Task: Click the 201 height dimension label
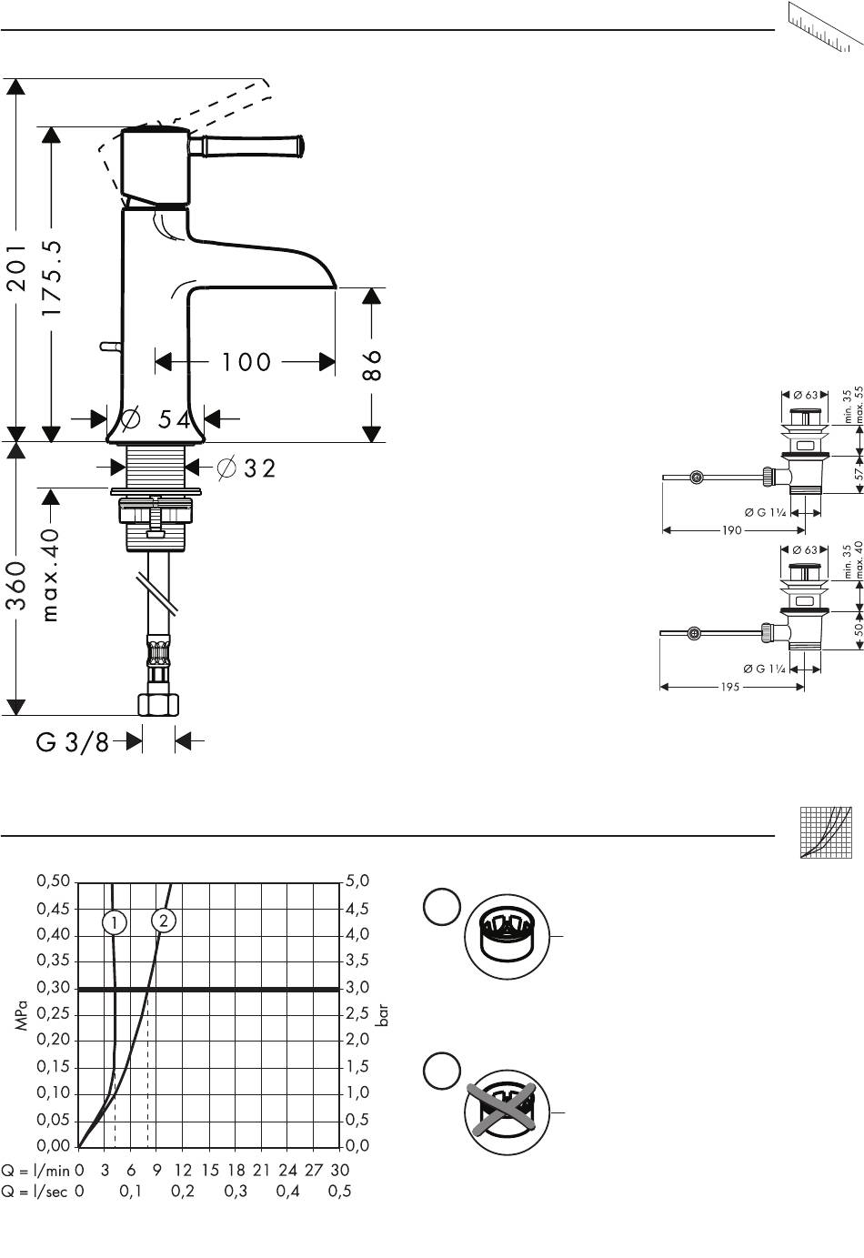[x=17, y=267]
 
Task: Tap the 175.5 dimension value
[x=52, y=277]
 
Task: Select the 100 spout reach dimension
[x=246, y=362]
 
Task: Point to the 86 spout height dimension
[x=372, y=365]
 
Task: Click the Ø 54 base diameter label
[x=156, y=418]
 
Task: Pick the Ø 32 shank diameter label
[x=246, y=468]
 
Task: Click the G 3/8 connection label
[x=73, y=742]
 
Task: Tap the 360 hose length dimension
[x=17, y=585]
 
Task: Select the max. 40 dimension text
[x=51, y=575]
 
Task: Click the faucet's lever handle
[x=247, y=146]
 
